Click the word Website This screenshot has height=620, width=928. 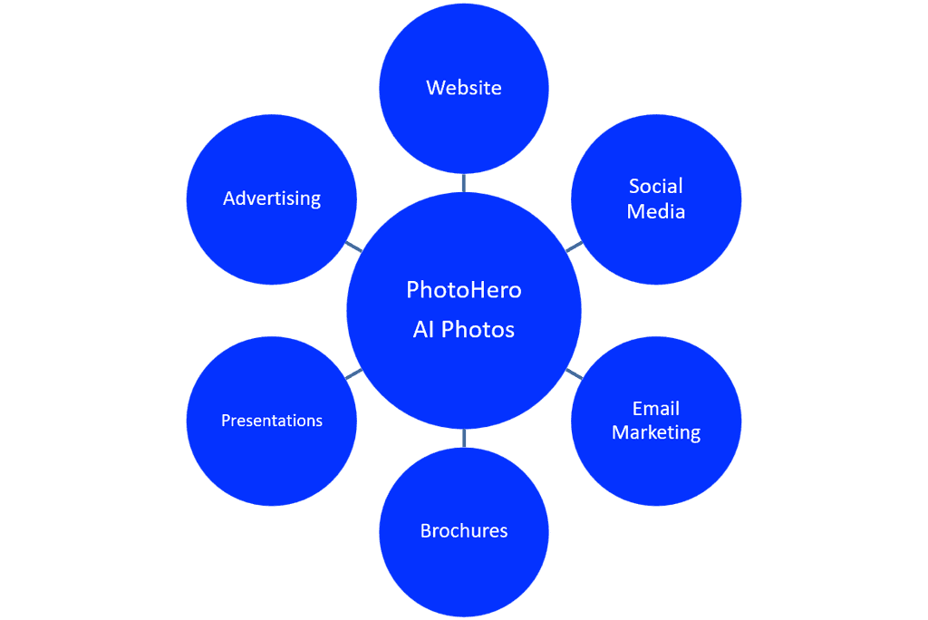464,88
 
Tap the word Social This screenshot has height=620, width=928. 656,186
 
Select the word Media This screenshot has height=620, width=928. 656,211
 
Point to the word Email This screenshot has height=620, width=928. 656,409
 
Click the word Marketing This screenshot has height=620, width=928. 656,433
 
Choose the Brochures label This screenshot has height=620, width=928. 464,530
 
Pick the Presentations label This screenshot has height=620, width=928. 272,421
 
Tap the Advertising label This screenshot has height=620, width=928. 272,199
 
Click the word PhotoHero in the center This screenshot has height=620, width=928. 464,289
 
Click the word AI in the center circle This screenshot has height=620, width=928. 423,329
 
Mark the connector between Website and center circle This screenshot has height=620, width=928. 464,183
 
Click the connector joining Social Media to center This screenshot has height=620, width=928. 574,247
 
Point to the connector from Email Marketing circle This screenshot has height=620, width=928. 574,373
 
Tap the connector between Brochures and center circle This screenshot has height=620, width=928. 464,438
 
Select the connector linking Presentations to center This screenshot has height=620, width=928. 353,373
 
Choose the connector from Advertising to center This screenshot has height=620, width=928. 353,247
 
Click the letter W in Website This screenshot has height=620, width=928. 435,88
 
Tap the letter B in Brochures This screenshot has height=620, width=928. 426,530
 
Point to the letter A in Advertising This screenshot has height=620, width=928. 229,198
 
